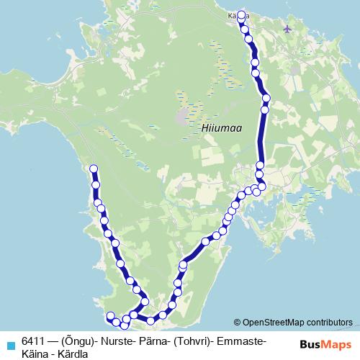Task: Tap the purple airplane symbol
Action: tap(289, 29)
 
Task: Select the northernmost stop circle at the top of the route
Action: tap(241, 14)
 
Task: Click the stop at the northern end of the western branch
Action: tap(93, 169)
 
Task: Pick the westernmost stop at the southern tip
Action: tap(110, 316)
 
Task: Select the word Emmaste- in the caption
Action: tap(242, 340)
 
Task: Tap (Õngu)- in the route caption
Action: tap(78, 340)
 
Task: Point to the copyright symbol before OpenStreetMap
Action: tap(238, 323)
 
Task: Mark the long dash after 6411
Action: tap(53, 340)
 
